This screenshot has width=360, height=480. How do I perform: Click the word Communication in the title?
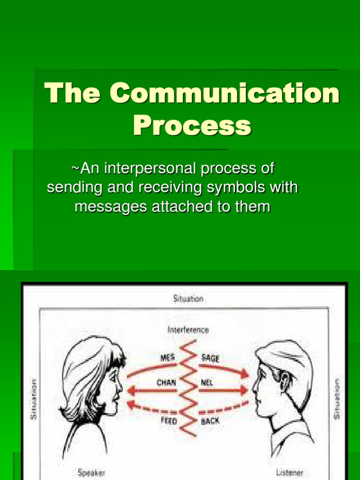pyautogui.click(x=225, y=94)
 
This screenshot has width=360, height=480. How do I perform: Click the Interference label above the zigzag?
pyautogui.click(x=188, y=330)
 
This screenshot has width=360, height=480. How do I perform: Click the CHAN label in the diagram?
pyautogui.click(x=166, y=382)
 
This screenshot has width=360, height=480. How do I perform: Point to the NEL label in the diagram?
pyautogui.click(x=207, y=382)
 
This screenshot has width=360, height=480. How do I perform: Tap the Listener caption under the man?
pyautogui.click(x=289, y=472)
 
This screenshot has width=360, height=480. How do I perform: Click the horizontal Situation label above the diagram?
pyautogui.click(x=188, y=299)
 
